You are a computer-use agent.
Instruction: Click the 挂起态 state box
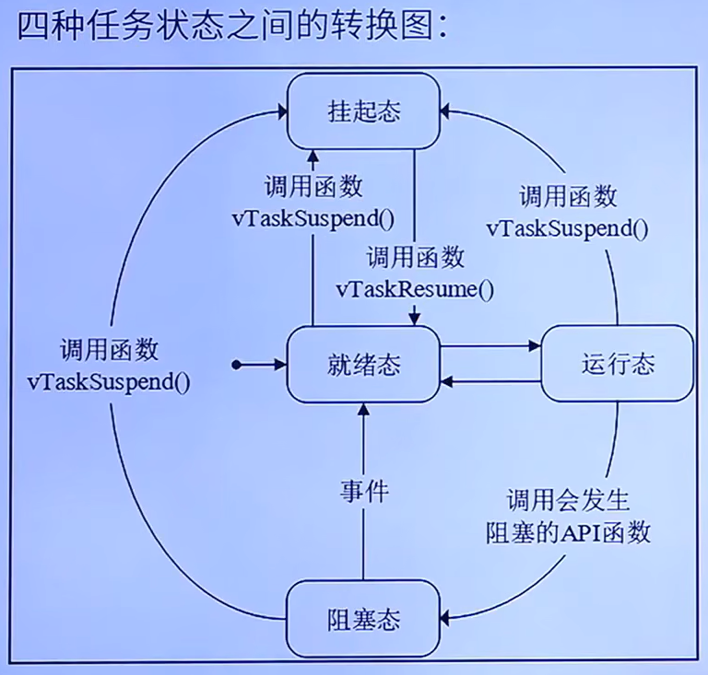[x=363, y=112]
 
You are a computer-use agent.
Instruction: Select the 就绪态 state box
[x=363, y=364]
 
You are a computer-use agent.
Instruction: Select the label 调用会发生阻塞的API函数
[x=568, y=517]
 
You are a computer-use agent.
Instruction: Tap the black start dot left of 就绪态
[x=237, y=365]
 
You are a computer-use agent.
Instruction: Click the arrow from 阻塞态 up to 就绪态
[x=363, y=534]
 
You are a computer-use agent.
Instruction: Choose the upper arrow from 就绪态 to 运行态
[x=489, y=347]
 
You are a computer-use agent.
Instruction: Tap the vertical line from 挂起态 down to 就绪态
[x=413, y=203]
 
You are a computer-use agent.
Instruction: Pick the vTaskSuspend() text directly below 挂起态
[x=313, y=219]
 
